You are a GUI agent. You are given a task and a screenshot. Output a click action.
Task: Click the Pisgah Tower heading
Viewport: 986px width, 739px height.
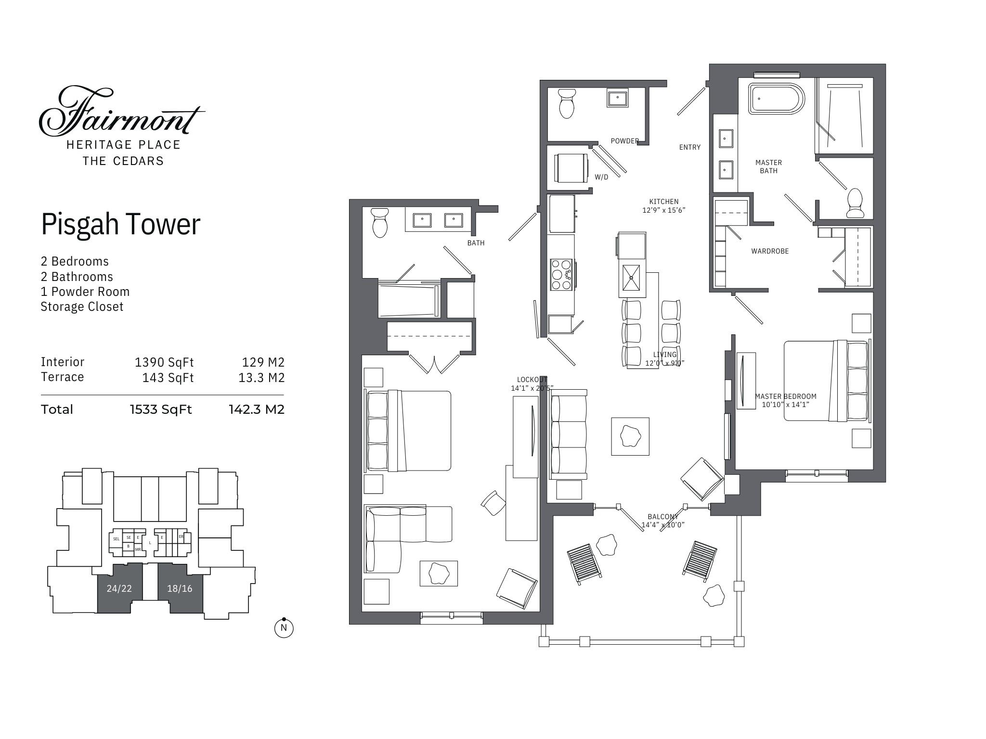(120, 224)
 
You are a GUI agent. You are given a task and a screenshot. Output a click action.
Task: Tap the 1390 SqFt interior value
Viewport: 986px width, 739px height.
(164, 362)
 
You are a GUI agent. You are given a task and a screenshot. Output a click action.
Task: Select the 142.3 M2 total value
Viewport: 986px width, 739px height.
(256, 409)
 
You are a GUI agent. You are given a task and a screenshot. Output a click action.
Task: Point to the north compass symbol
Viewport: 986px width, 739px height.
(284, 627)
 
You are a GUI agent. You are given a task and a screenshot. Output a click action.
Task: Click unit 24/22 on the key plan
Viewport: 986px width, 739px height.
(119, 588)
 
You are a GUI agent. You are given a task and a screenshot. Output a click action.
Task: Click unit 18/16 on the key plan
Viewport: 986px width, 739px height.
(180, 588)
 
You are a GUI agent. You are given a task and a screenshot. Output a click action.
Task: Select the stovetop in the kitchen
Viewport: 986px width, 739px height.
(561, 274)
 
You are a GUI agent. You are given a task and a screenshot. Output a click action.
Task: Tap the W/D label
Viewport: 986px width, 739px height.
(601, 177)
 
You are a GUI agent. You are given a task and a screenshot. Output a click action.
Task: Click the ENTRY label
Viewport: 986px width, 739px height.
(689, 147)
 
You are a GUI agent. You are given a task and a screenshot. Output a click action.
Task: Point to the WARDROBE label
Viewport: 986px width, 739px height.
(770, 251)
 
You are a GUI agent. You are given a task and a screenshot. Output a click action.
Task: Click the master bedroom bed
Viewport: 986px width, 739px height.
(826, 381)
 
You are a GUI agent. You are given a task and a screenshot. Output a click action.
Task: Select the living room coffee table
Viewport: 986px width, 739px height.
(630, 436)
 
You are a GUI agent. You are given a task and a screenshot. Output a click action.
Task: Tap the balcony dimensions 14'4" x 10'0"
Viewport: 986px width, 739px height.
(662, 525)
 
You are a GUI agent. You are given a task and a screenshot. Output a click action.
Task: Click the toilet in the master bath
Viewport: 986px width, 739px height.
(855, 204)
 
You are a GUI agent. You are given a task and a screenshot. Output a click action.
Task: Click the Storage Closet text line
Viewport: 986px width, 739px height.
(82, 306)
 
